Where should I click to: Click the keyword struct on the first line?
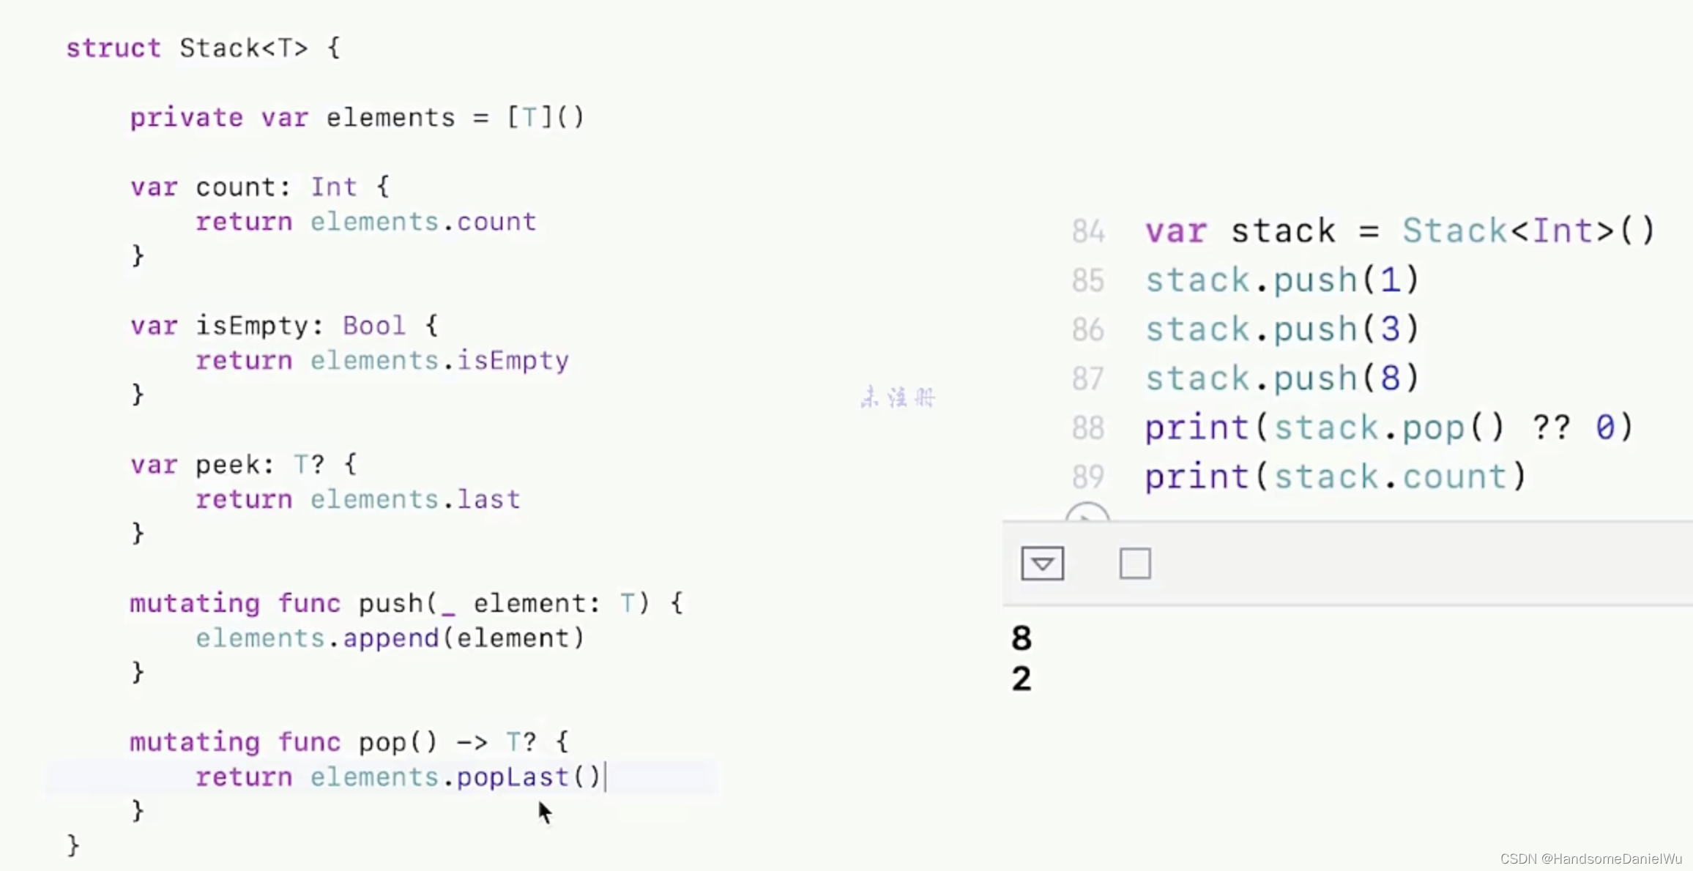pos(114,48)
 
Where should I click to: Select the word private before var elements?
pos(186,118)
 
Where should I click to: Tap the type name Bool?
pos(373,326)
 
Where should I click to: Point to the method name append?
pos(390,638)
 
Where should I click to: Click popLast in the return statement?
pos(513,777)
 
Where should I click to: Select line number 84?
pos(1088,232)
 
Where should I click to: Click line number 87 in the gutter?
pos(1088,379)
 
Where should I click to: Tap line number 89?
pos(1088,477)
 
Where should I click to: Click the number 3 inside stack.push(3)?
pos(1390,329)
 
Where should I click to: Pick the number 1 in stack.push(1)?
pos(1390,280)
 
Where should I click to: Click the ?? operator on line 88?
pos(1551,428)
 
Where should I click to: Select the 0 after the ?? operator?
pos(1605,428)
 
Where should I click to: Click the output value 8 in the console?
pos(1022,638)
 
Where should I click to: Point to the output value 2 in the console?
pos(1022,679)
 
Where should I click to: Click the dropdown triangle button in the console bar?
pos(1042,564)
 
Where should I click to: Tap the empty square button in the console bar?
pos(1135,564)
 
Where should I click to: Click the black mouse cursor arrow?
pos(544,812)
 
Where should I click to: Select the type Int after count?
pos(334,187)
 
